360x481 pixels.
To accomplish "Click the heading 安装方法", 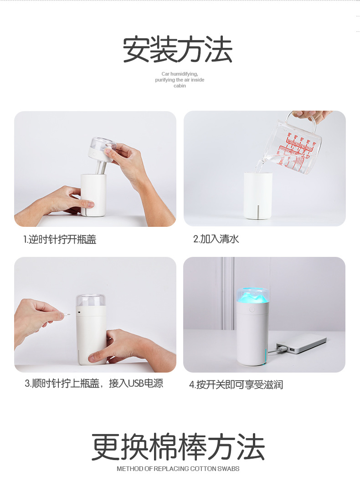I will click(178, 50).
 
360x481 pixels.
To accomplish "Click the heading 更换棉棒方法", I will click(178, 447).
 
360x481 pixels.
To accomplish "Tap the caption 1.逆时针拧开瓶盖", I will click(60, 240).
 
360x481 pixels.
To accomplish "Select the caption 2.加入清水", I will click(216, 239).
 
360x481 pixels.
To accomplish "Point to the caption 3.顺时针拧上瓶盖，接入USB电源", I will click(94, 384).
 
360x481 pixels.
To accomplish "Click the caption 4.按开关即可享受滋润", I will click(236, 385).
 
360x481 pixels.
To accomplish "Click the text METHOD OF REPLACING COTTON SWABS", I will click(178, 469).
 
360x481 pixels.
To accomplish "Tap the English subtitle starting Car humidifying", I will click(180, 80).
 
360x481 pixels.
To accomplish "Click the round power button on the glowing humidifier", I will click(252, 310).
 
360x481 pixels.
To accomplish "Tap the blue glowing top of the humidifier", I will click(252, 296).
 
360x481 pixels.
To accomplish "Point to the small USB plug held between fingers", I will click(67, 314).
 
